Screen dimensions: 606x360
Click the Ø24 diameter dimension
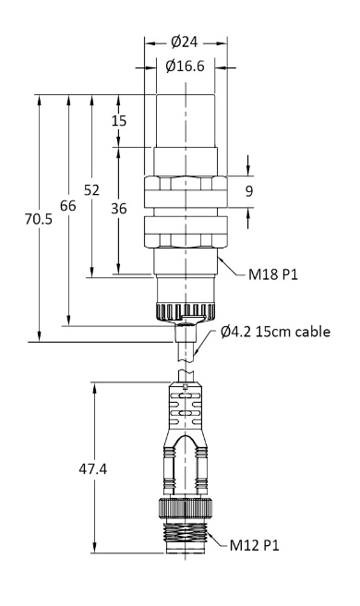tap(186, 42)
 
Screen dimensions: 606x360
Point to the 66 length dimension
tap(67, 207)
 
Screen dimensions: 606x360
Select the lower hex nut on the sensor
tap(186, 233)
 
